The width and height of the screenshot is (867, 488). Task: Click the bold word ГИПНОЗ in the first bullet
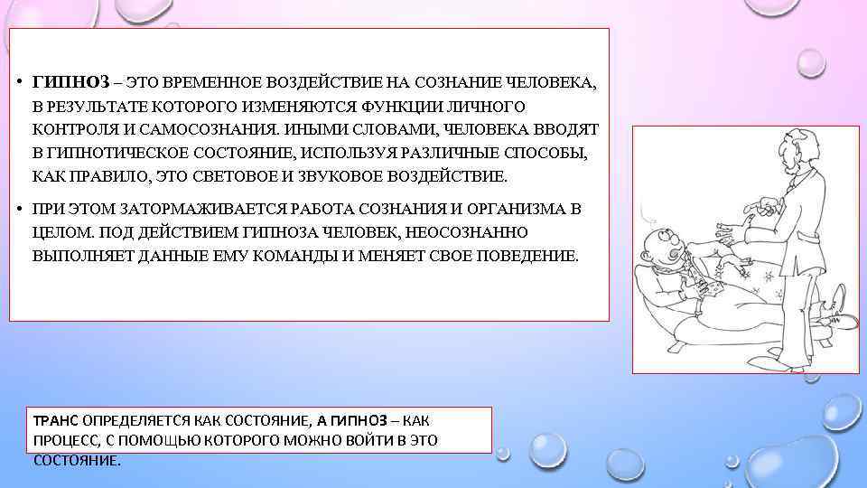click(x=70, y=82)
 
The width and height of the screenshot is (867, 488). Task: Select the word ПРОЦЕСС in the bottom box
click(x=66, y=440)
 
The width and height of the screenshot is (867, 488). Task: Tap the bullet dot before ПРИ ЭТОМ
click(x=18, y=209)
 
